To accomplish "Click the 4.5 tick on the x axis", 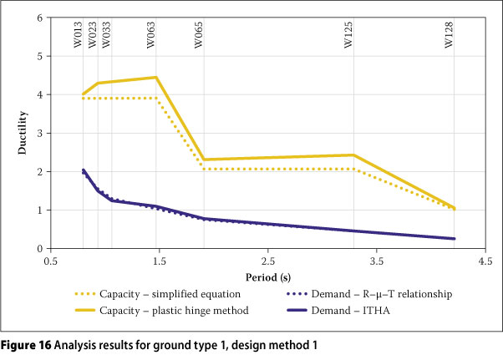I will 484,260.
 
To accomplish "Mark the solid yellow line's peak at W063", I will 155,78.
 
